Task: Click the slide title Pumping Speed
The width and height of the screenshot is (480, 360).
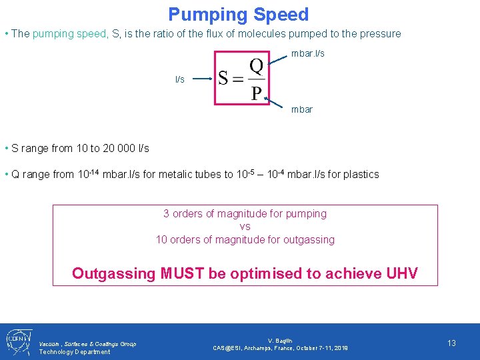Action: [x=238, y=15]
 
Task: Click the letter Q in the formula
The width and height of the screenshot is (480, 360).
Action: [x=257, y=67]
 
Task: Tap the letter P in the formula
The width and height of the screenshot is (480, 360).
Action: [x=257, y=93]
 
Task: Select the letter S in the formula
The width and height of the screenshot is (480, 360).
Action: [x=225, y=79]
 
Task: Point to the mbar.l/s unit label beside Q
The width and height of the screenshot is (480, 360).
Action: [x=308, y=53]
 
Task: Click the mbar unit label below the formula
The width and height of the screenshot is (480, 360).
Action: [x=302, y=109]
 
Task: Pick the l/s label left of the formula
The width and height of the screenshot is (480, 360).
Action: [x=180, y=79]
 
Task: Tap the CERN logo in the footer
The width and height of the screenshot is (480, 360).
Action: [x=16, y=341]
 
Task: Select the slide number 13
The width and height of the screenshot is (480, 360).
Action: [x=451, y=343]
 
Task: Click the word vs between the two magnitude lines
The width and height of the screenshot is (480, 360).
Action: [x=245, y=227]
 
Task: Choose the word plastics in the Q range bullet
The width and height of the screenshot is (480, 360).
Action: [x=361, y=175]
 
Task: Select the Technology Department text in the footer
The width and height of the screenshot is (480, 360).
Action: [x=75, y=351]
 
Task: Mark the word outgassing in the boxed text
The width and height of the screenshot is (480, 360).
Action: [x=309, y=239]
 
